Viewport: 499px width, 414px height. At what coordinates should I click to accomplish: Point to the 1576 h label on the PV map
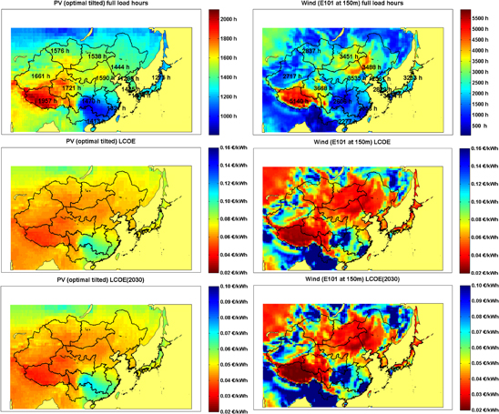pyautogui.click(x=57, y=52)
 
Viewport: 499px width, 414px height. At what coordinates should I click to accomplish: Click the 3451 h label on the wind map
pyautogui.click(x=351, y=56)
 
